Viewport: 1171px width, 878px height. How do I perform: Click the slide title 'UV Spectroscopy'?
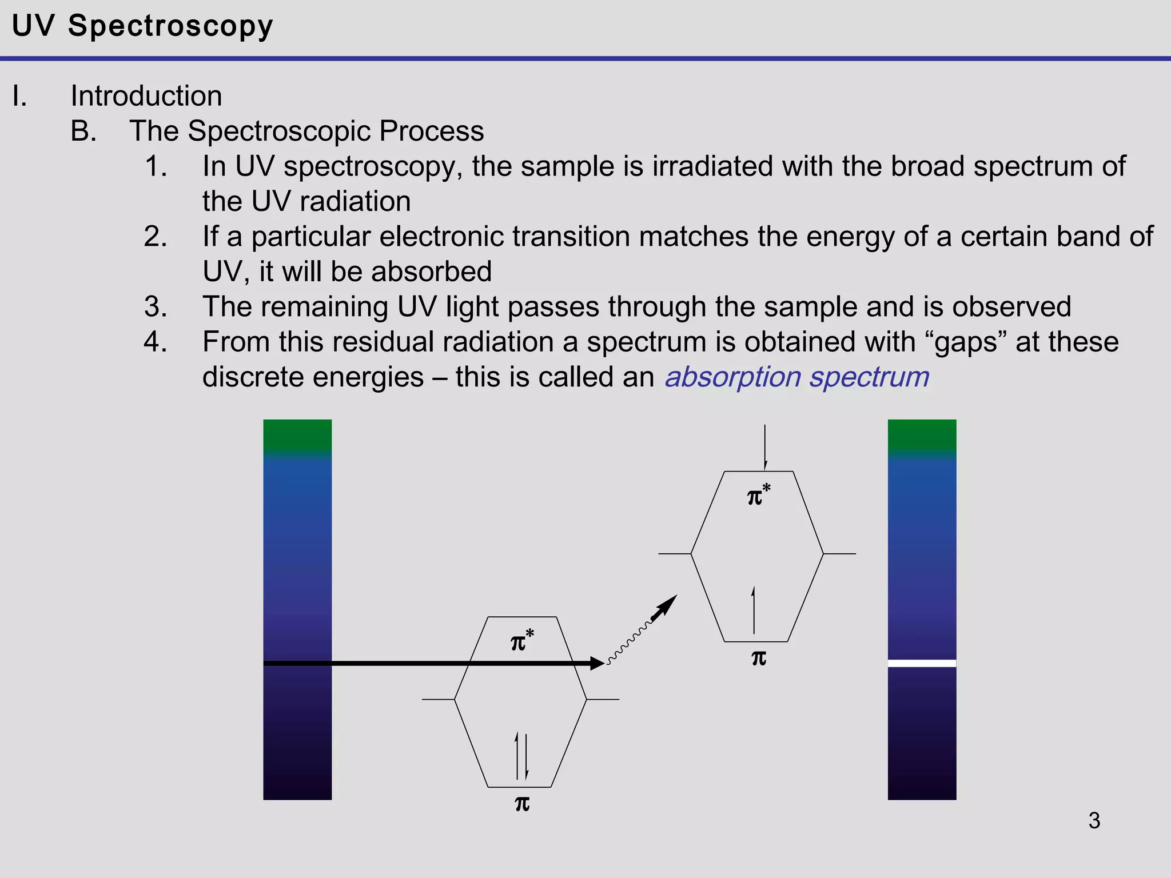point(142,26)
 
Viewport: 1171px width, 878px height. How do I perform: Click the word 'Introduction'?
point(146,95)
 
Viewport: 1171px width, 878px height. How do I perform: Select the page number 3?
point(1094,820)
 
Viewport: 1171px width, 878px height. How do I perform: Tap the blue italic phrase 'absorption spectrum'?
point(796,377)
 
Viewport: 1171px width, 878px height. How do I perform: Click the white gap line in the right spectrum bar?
point(922,663)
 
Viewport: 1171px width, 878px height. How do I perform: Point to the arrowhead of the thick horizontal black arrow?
point(598,663)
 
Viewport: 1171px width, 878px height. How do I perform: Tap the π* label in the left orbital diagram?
point(522,641)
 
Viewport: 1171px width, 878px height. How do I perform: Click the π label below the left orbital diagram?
point(522,804)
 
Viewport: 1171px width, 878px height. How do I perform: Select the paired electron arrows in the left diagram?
point(521,756)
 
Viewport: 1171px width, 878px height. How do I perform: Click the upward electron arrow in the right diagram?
point(754,610)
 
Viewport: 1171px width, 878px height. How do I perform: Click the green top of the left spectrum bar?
point(297,436)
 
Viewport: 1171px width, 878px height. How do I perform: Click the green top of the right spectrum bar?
point(922,436)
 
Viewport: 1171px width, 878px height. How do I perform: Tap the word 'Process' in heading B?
point(431,131)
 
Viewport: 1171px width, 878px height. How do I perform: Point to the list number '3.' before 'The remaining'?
point(156,307)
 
